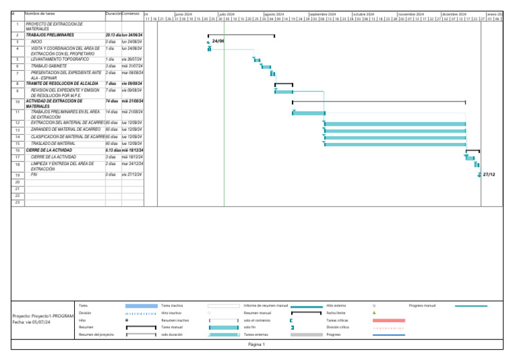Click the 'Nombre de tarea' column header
point(40,13)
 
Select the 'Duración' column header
point(113,13)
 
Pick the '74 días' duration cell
point(112,101)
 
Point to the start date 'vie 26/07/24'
point(132,59)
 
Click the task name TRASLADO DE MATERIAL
point(53,144)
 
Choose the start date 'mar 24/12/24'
point(132,164)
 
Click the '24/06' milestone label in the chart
point(218,41)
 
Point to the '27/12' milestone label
point(489,174)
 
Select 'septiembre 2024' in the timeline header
point(323,13)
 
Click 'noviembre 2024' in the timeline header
point(411,13)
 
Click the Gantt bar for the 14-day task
point(308,112)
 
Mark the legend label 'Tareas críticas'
point(338,320)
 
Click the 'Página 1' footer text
point(256,345)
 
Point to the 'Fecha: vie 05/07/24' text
point(32,321)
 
